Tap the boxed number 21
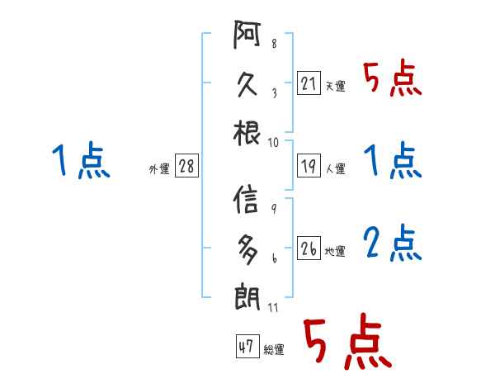pyautogui.click(x=308, y=83)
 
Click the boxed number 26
pyautogui.click(x=308, y=248)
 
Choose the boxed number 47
pyautogui.click(x=245, y=347)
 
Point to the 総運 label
pyautogui.click(x=273, y=350)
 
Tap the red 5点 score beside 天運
pyautogui.click(x=393, y=78)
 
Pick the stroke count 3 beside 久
pyautogui.click(x=273, y=94)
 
